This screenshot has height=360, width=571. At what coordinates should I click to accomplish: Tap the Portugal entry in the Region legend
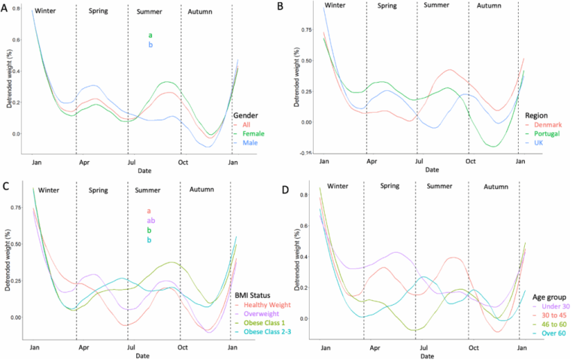[546, 134]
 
